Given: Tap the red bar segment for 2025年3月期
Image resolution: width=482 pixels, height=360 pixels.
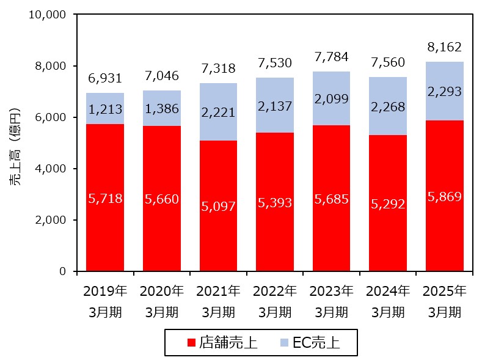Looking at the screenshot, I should tap(444, 232).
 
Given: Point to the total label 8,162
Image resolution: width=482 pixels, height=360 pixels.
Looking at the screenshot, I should tap(444, 47).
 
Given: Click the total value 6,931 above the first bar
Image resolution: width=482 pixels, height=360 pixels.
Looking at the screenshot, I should tap(104, 78).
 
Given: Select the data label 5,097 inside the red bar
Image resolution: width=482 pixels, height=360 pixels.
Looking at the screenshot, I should tap(218, 207).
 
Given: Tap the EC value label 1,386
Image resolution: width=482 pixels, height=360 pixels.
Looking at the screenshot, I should tap(161, 110).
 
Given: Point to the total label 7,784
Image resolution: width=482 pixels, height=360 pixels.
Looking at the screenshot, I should tap(331, 57).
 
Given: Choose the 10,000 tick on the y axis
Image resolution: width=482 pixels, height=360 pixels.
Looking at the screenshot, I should tap(47, 14).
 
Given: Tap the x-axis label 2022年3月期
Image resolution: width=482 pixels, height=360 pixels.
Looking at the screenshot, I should tap(275, 301).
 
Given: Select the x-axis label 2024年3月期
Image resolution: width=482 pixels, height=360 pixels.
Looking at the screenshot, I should tap(388, 301).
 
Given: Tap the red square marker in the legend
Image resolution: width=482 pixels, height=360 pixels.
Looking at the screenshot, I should tap(191, 343).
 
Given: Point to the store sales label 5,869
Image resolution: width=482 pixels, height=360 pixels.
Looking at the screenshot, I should tap(444, 197).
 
